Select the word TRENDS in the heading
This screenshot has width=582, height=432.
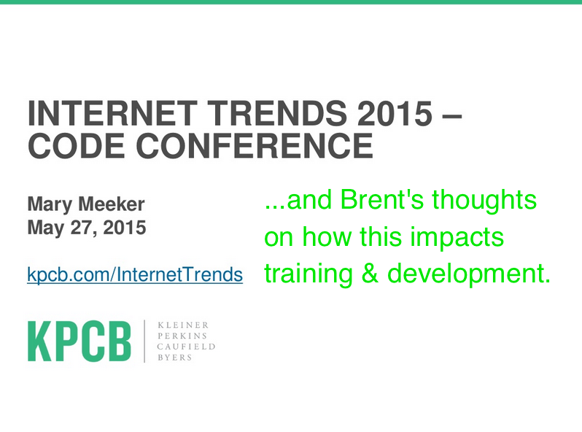277,113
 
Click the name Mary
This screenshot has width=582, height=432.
50,205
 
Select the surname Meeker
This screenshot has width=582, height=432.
112,204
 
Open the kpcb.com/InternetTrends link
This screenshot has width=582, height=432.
135,275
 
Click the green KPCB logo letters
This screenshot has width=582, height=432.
79,342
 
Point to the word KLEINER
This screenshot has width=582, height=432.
183,325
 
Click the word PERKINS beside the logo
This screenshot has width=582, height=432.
182,336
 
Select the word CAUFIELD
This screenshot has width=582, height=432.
186,347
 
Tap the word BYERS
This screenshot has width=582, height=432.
175,358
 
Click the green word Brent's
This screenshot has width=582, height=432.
381,199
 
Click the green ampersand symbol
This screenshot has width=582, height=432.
370,274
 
